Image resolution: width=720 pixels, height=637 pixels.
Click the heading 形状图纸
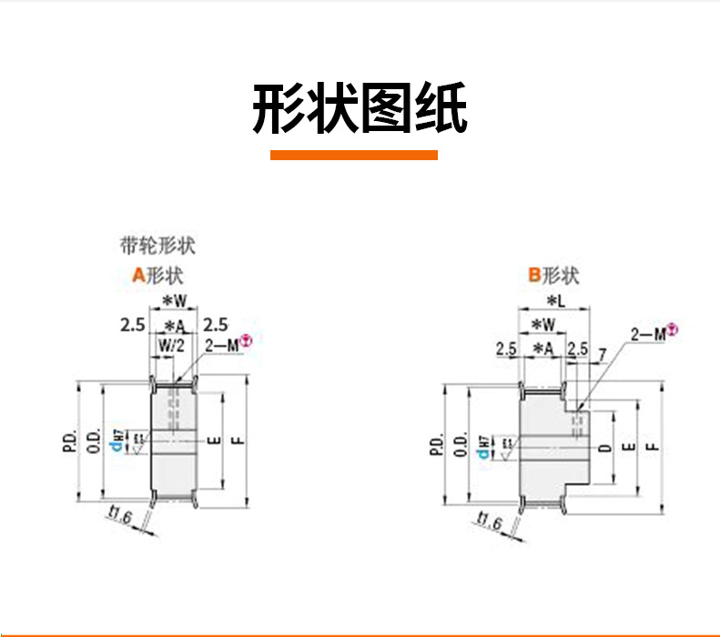pyautogui.click(x=360, y=110)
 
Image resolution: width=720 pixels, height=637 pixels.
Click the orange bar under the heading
pyautogui.click(x=354, y=156)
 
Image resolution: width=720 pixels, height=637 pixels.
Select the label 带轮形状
pyautogui.click(x=157, y=245)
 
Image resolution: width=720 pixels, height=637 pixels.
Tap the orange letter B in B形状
pyautogui.click(x=535, y=276)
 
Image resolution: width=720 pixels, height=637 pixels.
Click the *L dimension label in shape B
pyautogui.click(x=553, y=300)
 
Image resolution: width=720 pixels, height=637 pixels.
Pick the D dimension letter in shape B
pyautogui.click(x=603, y=449)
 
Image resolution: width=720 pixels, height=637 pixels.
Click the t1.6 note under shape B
pyautogui.click(x=488, y=521)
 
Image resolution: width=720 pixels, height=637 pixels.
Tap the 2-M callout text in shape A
pyautogui.click(x=221, y=346)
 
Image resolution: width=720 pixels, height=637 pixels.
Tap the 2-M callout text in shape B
pyautogui.click(x=648, y=334)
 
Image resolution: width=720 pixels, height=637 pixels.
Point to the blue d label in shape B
pyautogui.click(x=484, y=447)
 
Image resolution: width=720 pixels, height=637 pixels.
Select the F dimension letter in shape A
pyautogui.click(x=237, y=440)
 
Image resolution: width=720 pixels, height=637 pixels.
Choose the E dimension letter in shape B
pyautogui.click(x=627, y=448)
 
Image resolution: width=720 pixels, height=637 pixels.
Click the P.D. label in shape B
pyautogui.click(x=434, y=447)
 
